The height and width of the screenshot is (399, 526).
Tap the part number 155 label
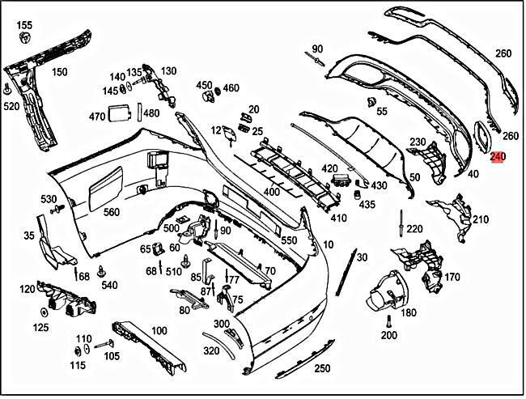coord(24,26)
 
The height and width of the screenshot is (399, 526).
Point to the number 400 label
coord(271,193)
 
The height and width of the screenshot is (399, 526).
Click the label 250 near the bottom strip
coord(322,369)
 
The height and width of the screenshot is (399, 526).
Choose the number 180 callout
coord(409,312)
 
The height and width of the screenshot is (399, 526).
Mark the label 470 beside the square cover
coord(97,117)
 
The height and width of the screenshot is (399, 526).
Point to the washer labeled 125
coord(41,312)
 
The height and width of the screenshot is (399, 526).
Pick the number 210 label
coord(481,219)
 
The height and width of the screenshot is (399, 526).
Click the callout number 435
coord(367,205)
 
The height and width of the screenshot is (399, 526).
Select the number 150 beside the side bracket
coord(59,72)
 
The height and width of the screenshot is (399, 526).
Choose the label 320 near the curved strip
coord(211,351)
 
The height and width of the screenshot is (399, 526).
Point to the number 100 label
coord(159,330)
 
